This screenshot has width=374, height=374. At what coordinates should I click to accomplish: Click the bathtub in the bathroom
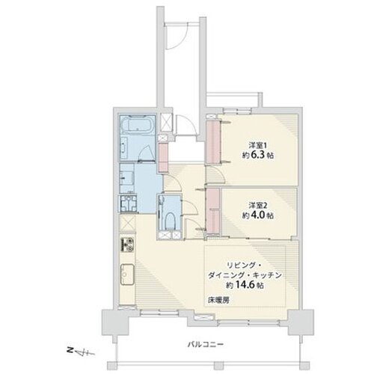pyautogui.click(x=137, y=124)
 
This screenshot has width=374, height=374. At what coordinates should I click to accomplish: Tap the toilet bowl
pyautogui.click(x=171, y=221)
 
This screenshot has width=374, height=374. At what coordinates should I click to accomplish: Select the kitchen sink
pyautogui.click(x=127, y=275)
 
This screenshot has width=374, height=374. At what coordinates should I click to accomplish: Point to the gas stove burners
pyautogui.click(x=127, y=245)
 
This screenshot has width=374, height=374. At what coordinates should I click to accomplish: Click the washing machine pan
pyautogui.click(x=129, y=203)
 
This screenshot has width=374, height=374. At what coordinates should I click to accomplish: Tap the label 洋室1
pyautogui.click(x=257, y=145)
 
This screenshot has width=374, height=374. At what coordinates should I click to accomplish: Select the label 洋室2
pyautogui.click(x=257, y=206)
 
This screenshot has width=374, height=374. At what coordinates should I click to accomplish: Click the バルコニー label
pyautogui.click(x=206, y=345)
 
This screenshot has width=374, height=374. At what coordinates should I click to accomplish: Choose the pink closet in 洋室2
pyautogui.click(x=213, y=211)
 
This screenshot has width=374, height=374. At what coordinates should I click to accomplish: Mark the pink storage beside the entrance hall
pyautogui.click(x=164, y=158)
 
